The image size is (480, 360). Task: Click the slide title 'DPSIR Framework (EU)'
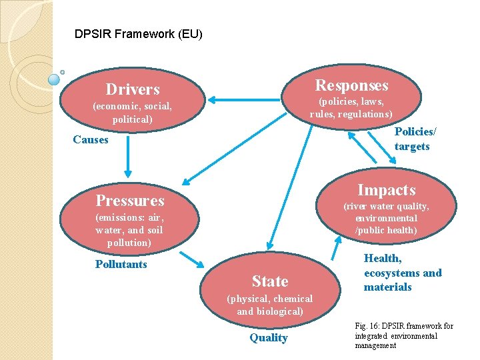click(x=139, y=33)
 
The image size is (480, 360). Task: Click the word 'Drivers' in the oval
click(x=133, y=89)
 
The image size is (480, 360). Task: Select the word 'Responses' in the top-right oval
click(x=351, y=85)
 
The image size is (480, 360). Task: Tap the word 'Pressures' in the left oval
click(x=130, y=200)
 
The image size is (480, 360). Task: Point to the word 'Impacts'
click(x=386, y=190)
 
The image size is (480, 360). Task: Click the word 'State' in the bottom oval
click(x=270, y=281)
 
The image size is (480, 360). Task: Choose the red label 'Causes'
click(x=91, y=139)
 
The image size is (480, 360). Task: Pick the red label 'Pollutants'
click(x=121, y=264)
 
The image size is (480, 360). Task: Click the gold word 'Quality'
click(x=269, y=337)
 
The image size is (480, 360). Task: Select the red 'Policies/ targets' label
click(x=412, y=139)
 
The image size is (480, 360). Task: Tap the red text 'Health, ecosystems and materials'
click(x=402, y=273)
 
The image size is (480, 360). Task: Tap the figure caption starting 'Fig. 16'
click(x=404, y=335)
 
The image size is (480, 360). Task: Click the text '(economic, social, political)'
click(x=132, y=113)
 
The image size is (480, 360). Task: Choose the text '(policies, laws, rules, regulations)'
click(x=351, y=107)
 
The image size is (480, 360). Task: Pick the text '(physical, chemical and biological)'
click(x=269, y=305)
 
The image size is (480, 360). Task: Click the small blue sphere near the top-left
click(x=55, y=79)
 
